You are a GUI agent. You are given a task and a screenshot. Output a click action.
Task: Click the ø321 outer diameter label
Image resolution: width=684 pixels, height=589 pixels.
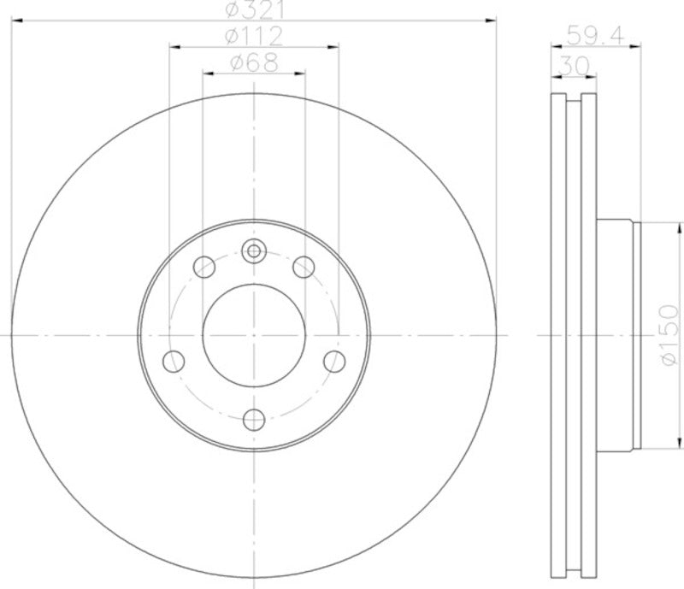click(254, 9)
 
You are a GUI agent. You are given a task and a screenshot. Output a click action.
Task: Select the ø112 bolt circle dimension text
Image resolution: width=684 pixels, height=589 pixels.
click(254, 37)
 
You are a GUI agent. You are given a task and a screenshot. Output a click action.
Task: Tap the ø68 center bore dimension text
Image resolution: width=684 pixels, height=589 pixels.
click(254, 64)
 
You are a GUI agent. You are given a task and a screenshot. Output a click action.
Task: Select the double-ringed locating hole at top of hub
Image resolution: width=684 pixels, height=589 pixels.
click(254, 250)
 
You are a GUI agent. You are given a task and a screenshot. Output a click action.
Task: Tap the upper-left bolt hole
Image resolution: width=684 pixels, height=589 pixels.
click(205, 268)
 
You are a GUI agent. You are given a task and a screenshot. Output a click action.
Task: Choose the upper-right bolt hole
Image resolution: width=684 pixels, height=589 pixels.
click(303, 268)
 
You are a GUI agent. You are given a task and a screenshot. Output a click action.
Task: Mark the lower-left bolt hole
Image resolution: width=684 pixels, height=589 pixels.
click(173, 360)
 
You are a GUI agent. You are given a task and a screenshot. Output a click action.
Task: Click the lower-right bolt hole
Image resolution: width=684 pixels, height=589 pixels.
click(335, 360)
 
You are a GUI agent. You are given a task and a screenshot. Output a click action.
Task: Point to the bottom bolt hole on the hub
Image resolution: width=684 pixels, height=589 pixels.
click(254, 419)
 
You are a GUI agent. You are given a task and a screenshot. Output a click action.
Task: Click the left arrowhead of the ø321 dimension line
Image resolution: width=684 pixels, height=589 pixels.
click(15, 18)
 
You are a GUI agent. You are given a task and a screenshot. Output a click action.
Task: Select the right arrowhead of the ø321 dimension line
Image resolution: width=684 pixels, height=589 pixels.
click(492, 18)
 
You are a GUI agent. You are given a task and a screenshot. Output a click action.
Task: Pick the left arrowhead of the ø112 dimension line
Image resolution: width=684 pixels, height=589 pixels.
click(174, 45)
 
